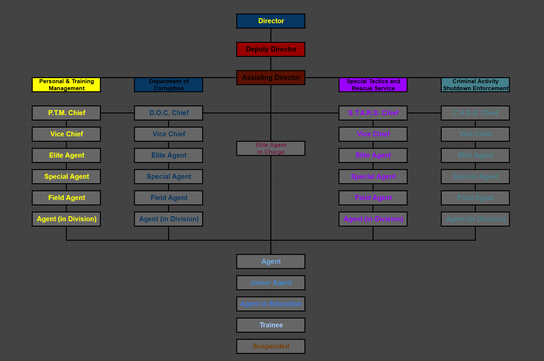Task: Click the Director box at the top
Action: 270,21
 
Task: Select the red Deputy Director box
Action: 270,49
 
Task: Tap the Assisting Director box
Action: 270,78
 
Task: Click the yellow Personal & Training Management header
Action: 66,85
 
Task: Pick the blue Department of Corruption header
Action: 168,85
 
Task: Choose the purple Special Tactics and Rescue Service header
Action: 373,85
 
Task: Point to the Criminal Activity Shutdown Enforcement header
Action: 475,85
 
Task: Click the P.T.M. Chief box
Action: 66,113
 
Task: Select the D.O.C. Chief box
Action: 168,113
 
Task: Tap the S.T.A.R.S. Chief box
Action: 373,113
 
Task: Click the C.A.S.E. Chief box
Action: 475,113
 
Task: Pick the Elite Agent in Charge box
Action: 270,148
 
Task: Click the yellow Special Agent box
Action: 66,176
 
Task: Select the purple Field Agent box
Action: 373,198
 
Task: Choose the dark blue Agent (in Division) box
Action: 168,219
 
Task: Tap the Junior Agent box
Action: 270,282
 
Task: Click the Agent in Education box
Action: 270,304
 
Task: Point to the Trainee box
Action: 270,325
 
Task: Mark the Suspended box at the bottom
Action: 270,346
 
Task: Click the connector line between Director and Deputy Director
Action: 271,35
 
